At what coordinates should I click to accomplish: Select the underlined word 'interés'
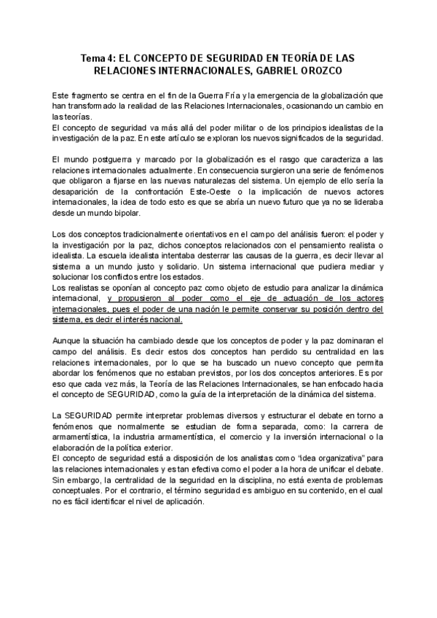click(x=130, y=320)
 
